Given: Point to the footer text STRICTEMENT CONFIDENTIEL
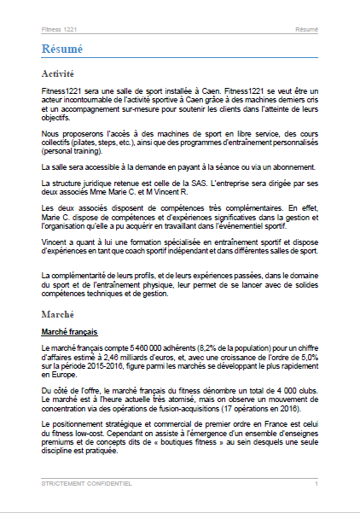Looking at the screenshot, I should tap(86, 483).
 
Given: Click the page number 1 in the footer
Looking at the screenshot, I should tap(316, 483).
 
